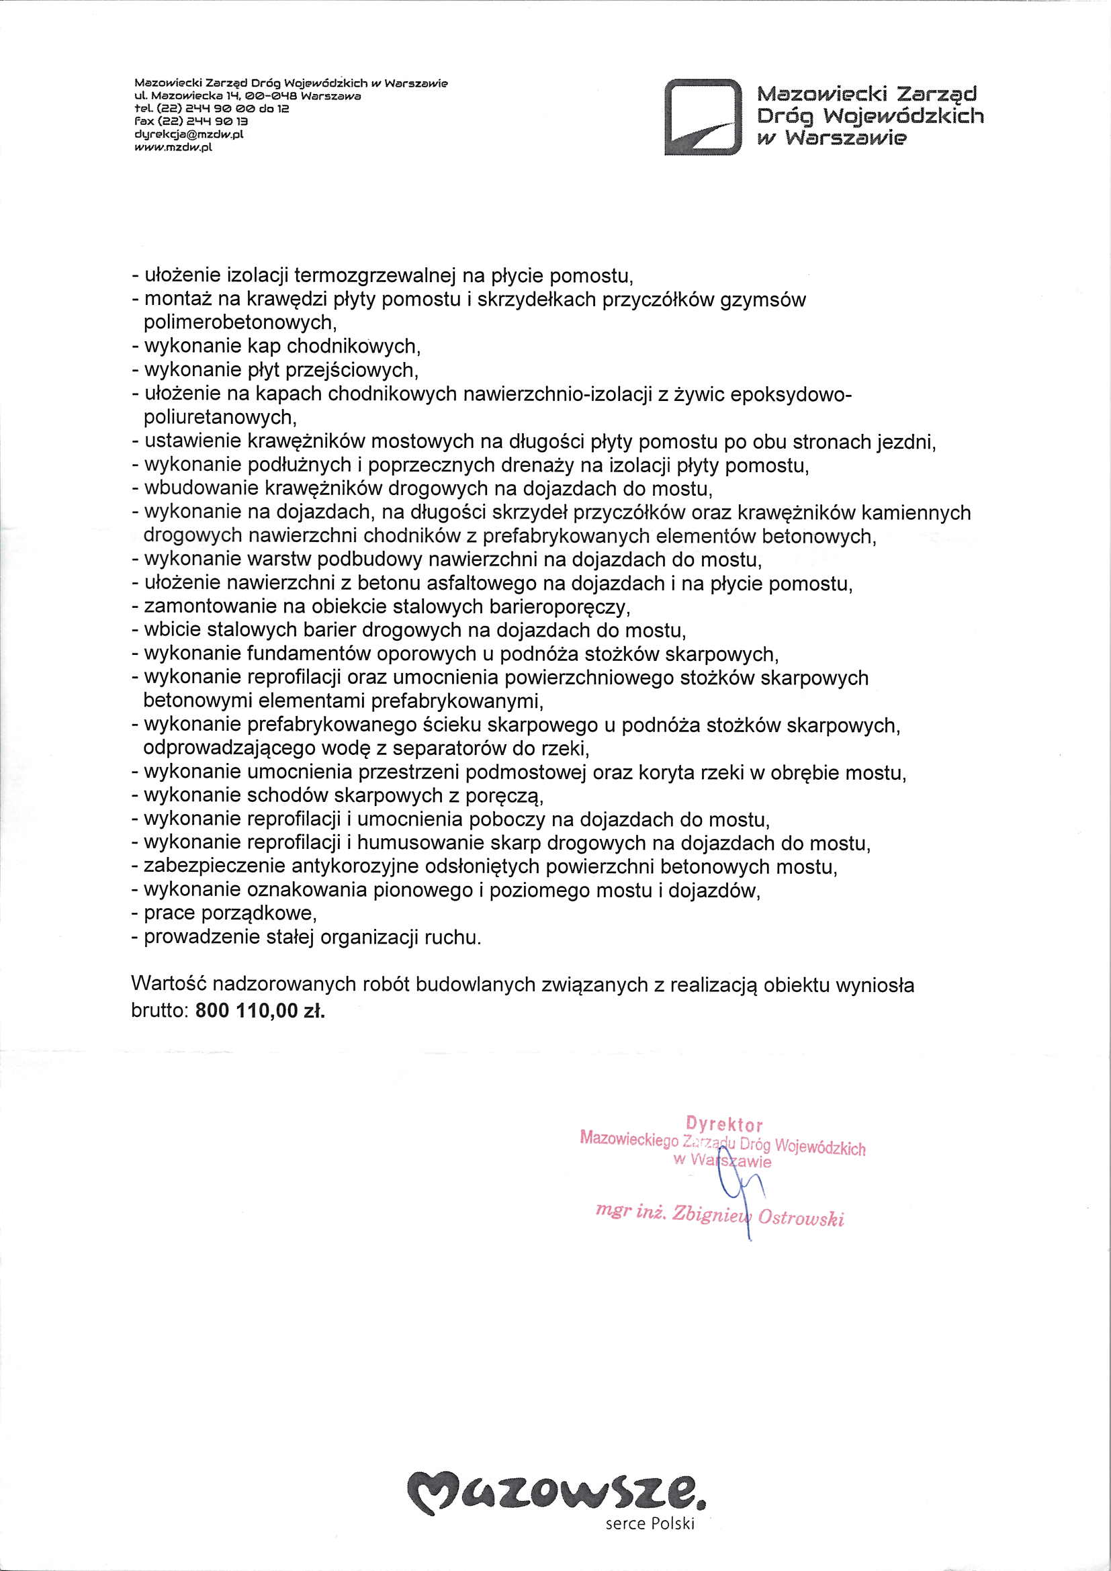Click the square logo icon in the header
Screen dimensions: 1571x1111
click(703, 118)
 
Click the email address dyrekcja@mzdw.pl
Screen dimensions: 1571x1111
click(189, 134)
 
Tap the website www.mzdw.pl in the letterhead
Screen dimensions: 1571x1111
click(173, 146)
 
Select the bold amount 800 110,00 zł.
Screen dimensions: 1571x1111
click(260, 1011)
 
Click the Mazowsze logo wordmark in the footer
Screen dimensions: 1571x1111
click(555, 1501)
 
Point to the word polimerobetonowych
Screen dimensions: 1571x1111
click(238, 322)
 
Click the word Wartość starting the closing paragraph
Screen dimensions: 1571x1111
click(169, 985)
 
